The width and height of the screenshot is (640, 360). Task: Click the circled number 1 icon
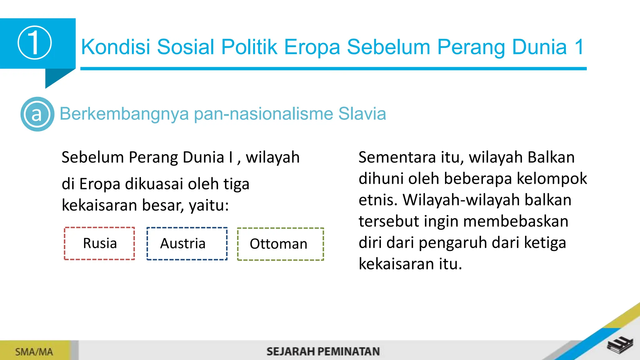tap(34, 43)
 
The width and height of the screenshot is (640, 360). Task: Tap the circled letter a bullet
tap(37, 114)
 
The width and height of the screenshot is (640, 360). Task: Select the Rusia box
tap(100, 243)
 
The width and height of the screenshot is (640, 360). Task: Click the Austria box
tap(187, 244)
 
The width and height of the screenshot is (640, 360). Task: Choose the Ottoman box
tap(280, 244)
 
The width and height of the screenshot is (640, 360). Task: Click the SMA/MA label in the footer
tap(34, 352)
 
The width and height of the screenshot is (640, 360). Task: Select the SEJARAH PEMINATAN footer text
tap(323, 352)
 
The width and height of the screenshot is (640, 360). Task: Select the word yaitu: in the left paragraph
tap(209, 206)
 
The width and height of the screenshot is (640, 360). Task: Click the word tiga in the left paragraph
tap(236, 184)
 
